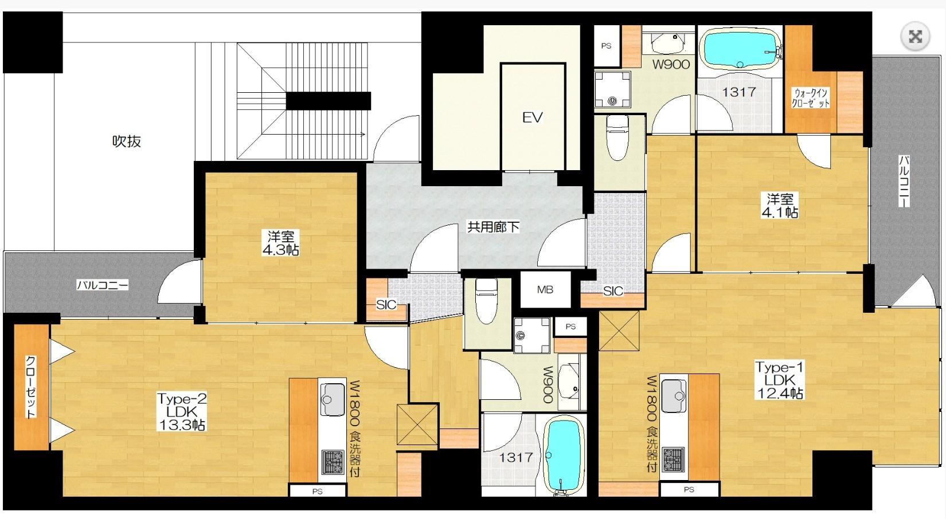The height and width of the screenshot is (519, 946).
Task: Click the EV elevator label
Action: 532,117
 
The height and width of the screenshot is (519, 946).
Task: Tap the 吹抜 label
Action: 126,141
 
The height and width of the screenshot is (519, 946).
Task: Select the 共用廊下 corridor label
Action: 493,227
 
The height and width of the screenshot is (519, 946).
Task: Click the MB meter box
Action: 545,290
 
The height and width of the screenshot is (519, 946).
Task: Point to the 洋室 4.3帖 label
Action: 280,243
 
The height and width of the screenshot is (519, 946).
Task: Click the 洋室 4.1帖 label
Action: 780,206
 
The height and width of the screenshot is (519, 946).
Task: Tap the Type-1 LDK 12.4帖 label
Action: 779,380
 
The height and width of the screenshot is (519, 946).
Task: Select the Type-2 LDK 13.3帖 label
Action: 181,411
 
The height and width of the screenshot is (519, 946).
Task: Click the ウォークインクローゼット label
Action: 811,98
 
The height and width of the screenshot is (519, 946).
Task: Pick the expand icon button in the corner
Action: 915,37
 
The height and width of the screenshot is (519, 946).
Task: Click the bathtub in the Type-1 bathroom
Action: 740,49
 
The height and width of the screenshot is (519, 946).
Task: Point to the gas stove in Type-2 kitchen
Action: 333,462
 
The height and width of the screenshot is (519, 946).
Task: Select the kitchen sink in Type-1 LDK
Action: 674,396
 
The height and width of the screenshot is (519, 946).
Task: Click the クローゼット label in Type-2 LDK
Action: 31,387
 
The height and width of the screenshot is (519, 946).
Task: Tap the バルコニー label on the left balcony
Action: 102,285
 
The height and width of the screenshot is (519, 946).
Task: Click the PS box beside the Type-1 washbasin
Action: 607,46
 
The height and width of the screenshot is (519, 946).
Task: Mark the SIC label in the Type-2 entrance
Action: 386,305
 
